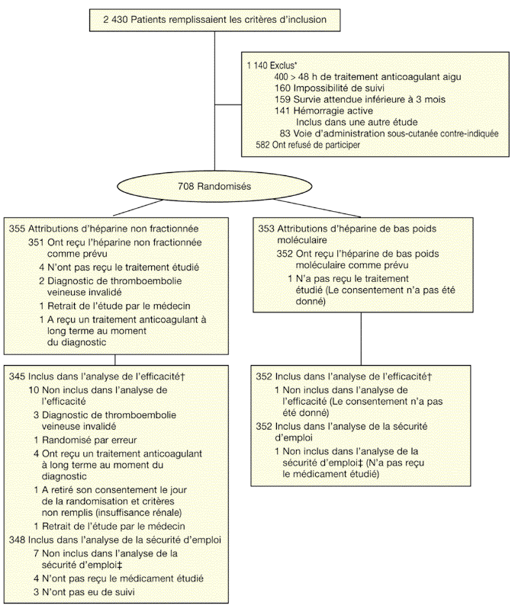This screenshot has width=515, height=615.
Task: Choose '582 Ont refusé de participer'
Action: (x=309, y=144)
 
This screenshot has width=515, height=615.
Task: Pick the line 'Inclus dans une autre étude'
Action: (x=355, y=122)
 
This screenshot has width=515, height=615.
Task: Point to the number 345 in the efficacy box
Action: (x=17, y=376)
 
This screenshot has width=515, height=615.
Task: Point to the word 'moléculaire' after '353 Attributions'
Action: (x=302, y=239)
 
